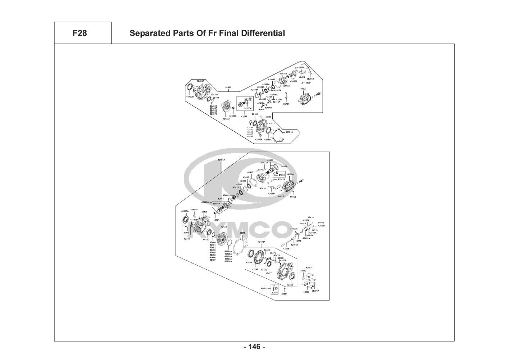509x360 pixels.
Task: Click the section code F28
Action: pos(79,33)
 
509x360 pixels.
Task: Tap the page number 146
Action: pos(254,347)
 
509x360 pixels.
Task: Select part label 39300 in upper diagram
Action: pos(303,89)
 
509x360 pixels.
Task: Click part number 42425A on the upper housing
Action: pos(200,81)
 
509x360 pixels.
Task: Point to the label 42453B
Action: pos(190,97)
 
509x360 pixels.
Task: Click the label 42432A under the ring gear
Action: pos(226,118)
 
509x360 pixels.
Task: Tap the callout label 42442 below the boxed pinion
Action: pos(244,116)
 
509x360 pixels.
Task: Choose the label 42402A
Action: pos(259,139)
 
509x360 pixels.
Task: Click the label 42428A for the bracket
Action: pos(272,194)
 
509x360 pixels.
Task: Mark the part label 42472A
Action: pos(262,242)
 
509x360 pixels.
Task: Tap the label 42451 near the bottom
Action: pos(284,294)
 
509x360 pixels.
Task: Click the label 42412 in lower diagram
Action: pos(303,270)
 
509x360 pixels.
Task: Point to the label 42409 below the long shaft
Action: pos(286,249)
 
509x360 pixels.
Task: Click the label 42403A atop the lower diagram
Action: pos(221,159)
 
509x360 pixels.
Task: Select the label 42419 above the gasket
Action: pos(242,233)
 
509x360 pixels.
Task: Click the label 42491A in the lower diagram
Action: pos(194,209)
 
